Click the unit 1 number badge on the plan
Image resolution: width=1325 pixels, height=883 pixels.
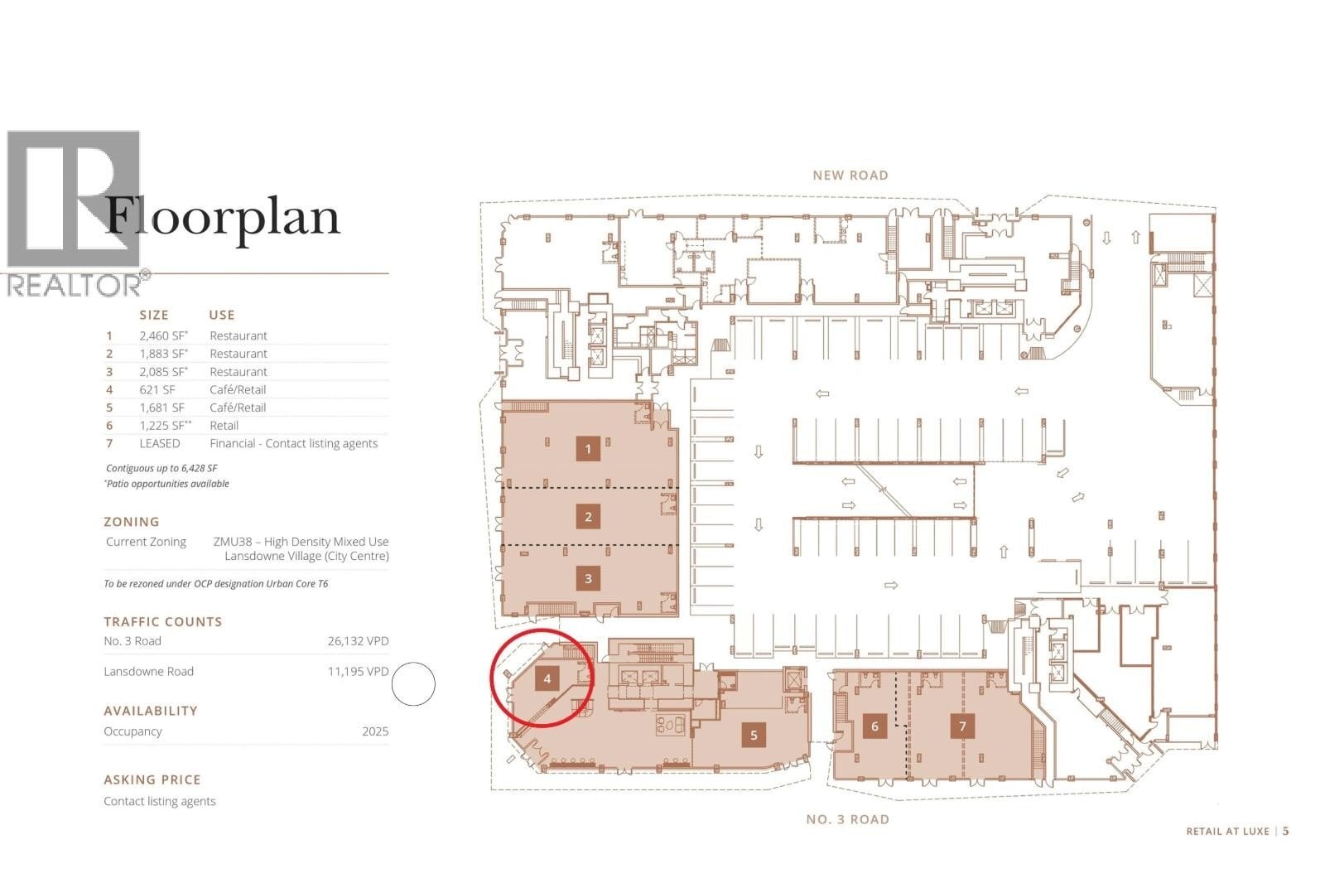[588, 449]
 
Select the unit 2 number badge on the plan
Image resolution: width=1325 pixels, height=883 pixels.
[588, 517]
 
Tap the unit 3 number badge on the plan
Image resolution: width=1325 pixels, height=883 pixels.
[588, 578]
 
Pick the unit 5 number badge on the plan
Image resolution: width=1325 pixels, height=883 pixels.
[754, 735]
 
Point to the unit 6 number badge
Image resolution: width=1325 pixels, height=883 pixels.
[874, 726]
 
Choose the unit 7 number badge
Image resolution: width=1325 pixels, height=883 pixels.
[962, 726]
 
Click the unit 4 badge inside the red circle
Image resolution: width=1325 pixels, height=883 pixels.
[547, 679]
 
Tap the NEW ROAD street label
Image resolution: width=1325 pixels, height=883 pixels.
[850, 175]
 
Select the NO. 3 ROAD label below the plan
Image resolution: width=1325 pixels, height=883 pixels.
[848, 819]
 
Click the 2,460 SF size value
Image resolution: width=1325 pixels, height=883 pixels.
[163, 335]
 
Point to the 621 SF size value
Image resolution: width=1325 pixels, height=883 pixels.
[157, 389]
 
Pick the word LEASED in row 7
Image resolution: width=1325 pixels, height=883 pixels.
[160, 443]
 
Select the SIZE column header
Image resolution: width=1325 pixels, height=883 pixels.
[154, 315]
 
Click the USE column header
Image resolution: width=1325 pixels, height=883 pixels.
[222, 315]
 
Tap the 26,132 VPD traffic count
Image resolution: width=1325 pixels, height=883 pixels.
[358, 641]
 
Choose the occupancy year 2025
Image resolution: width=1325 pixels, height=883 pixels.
[375, 731]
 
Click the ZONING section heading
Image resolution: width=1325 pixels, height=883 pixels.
[132, 521]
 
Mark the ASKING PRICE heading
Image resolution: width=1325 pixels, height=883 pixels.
[152, 779]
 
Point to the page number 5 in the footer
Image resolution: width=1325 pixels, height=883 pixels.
[1285, 831]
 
